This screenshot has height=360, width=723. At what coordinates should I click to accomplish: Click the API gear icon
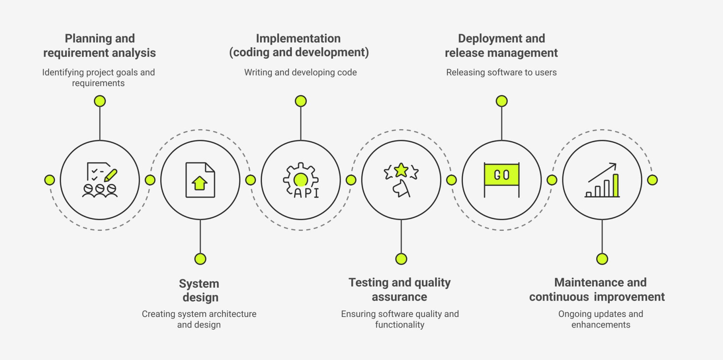tap(300, 180)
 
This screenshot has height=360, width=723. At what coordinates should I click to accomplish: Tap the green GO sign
tap(501, 175)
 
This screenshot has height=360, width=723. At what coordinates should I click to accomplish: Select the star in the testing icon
tap(401, 170)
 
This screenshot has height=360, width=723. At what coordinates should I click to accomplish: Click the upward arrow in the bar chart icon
tap(603, 172)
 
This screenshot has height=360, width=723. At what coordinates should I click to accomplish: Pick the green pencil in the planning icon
tap(111, 175)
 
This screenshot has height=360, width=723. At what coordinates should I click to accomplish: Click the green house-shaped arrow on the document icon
tap(199, 183)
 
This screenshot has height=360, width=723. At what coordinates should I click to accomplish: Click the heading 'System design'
tap(199, 290)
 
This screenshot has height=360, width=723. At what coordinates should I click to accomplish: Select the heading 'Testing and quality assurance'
tap(399, 289)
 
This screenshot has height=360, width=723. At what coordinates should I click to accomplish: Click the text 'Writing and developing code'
tap(300, 72)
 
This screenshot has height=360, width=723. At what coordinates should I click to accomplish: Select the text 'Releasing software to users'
tap(501, 72)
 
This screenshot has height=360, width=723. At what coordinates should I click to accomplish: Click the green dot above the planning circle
tap(100, 101)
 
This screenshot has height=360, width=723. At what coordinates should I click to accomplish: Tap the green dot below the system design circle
tap(200, 259)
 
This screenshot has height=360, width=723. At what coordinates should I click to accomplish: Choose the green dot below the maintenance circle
tap(602, 259)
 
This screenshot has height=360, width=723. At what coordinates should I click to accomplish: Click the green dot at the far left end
tap(50, 180)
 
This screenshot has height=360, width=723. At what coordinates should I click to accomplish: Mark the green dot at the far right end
tap(652, 180)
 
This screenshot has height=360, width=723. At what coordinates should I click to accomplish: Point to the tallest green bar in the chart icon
tap(615, 185)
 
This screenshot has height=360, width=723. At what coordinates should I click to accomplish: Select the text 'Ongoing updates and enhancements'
tap(600, 319)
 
